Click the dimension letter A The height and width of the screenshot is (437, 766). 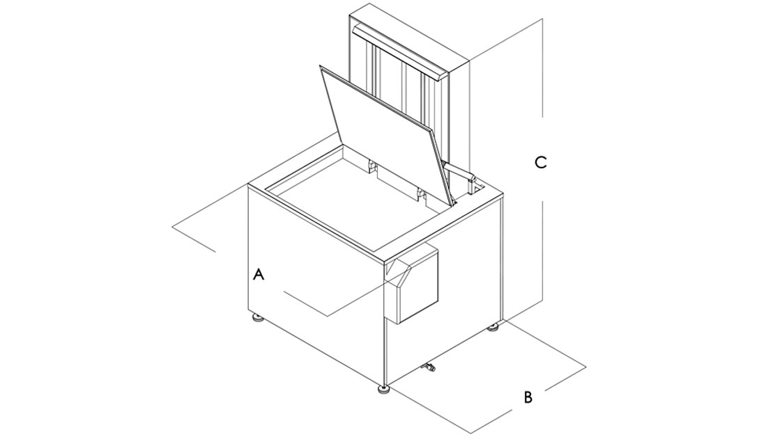point(259,274)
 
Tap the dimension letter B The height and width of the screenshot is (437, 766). point(528,397)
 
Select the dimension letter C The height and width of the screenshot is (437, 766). point(540,162)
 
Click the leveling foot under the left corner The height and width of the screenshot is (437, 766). point(257,319)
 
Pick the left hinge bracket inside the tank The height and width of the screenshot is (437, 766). point(371,166)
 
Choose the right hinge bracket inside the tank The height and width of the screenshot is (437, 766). point(420,193)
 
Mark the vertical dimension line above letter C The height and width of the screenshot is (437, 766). point(543,69)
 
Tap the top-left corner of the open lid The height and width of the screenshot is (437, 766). point(319,65)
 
